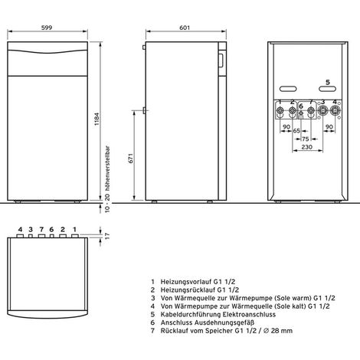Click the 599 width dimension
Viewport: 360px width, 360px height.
point(47,28)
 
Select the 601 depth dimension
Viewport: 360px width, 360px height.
point(185,28)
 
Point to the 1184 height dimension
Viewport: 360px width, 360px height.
point(97,119)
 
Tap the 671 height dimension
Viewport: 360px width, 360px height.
point(131,159)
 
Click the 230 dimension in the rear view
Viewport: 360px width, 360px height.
point(307,147)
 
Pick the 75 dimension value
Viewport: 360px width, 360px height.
point(306,139)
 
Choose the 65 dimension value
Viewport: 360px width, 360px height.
point(296,131)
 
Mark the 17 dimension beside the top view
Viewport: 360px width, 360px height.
point(107,235)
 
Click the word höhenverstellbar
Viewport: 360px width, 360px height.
point(107,169)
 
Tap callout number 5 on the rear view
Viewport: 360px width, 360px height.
point(328,82)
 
